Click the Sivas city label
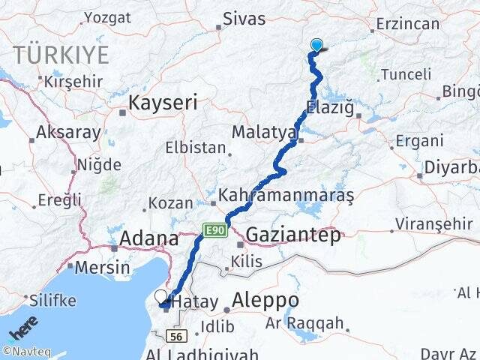[x=244, y=19]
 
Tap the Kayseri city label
[x=164, y=103]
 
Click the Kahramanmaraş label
[x=285, y=196]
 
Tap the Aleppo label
[x=265, y=301]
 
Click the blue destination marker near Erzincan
[x=316, y=45]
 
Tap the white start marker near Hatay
[x=161, y=297]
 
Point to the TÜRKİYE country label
[x=60, y=55]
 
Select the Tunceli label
[x=406, y=74]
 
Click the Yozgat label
[x=107, y=18]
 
